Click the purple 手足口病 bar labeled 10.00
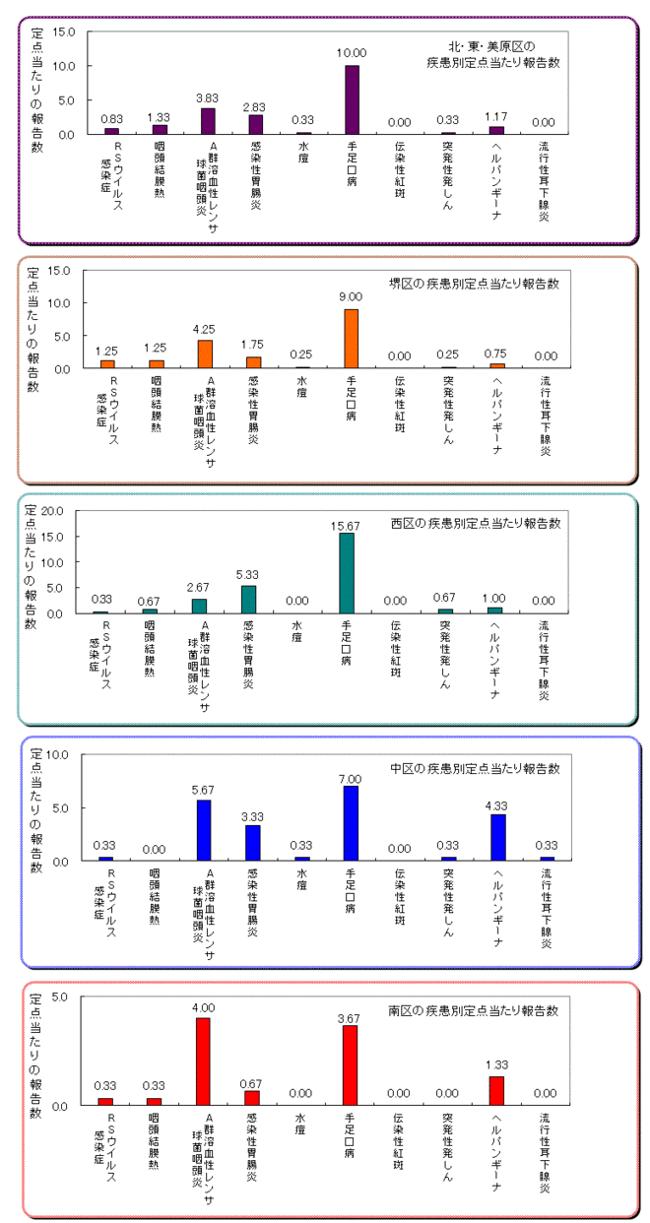click(352, 99)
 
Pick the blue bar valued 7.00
click(351, 823)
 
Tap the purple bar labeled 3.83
click(207, 121)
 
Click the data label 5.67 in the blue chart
click(205, 790)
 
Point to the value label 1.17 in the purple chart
click(496, 117)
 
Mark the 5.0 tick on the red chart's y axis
click(58, 997)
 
